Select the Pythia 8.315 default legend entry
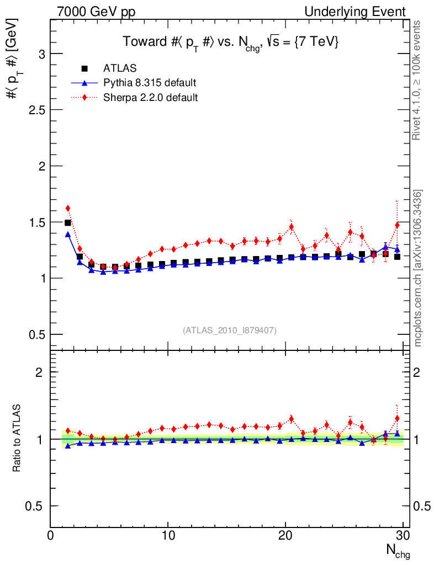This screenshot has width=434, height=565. (149, 83)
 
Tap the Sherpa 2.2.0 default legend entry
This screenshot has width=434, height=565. (150, 98)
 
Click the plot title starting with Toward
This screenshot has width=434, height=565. (230, 42)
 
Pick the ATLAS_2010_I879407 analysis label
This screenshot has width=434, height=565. (230, 330)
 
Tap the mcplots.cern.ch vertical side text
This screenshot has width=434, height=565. (418, 268)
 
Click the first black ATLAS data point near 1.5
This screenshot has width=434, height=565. (68, 223)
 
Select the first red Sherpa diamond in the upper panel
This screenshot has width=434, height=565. (68, 208)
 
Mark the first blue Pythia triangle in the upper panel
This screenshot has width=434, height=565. (68, 234)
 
